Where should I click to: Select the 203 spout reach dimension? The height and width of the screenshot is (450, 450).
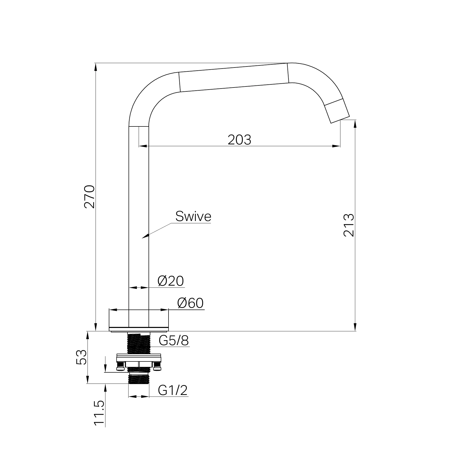pos(239,140)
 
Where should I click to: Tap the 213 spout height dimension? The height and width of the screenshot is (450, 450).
pos(348,225)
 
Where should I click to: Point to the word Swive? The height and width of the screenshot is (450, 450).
pos(193,216)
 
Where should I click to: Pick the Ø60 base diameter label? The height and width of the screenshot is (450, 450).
pos(190,303)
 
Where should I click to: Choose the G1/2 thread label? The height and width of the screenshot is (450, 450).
pos(173,390)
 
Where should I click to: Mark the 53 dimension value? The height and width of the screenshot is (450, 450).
pos(82,357)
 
